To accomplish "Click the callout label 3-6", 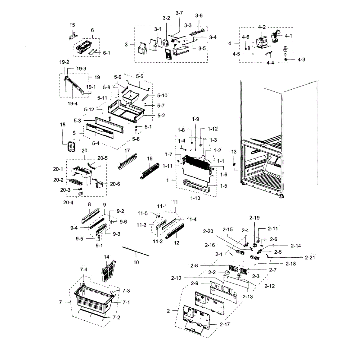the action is (x=199, y=16).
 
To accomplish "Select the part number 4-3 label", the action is (x=301, y=59).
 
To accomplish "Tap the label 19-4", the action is (x=72, y=103).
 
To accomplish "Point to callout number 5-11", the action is (x=102, y=98).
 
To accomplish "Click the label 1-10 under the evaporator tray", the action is (x=195, y=198).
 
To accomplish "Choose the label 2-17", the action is (x=225, y=324).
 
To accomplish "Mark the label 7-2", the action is (x=116, y=317).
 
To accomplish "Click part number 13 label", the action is (x=234, y=152).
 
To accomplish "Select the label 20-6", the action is (x=115, y=184).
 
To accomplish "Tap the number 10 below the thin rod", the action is (x=136, y=262).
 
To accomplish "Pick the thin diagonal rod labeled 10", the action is (x=135, y=251).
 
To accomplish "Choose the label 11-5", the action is (x=143, y=213).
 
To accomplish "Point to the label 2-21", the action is (x=310, y=258).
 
